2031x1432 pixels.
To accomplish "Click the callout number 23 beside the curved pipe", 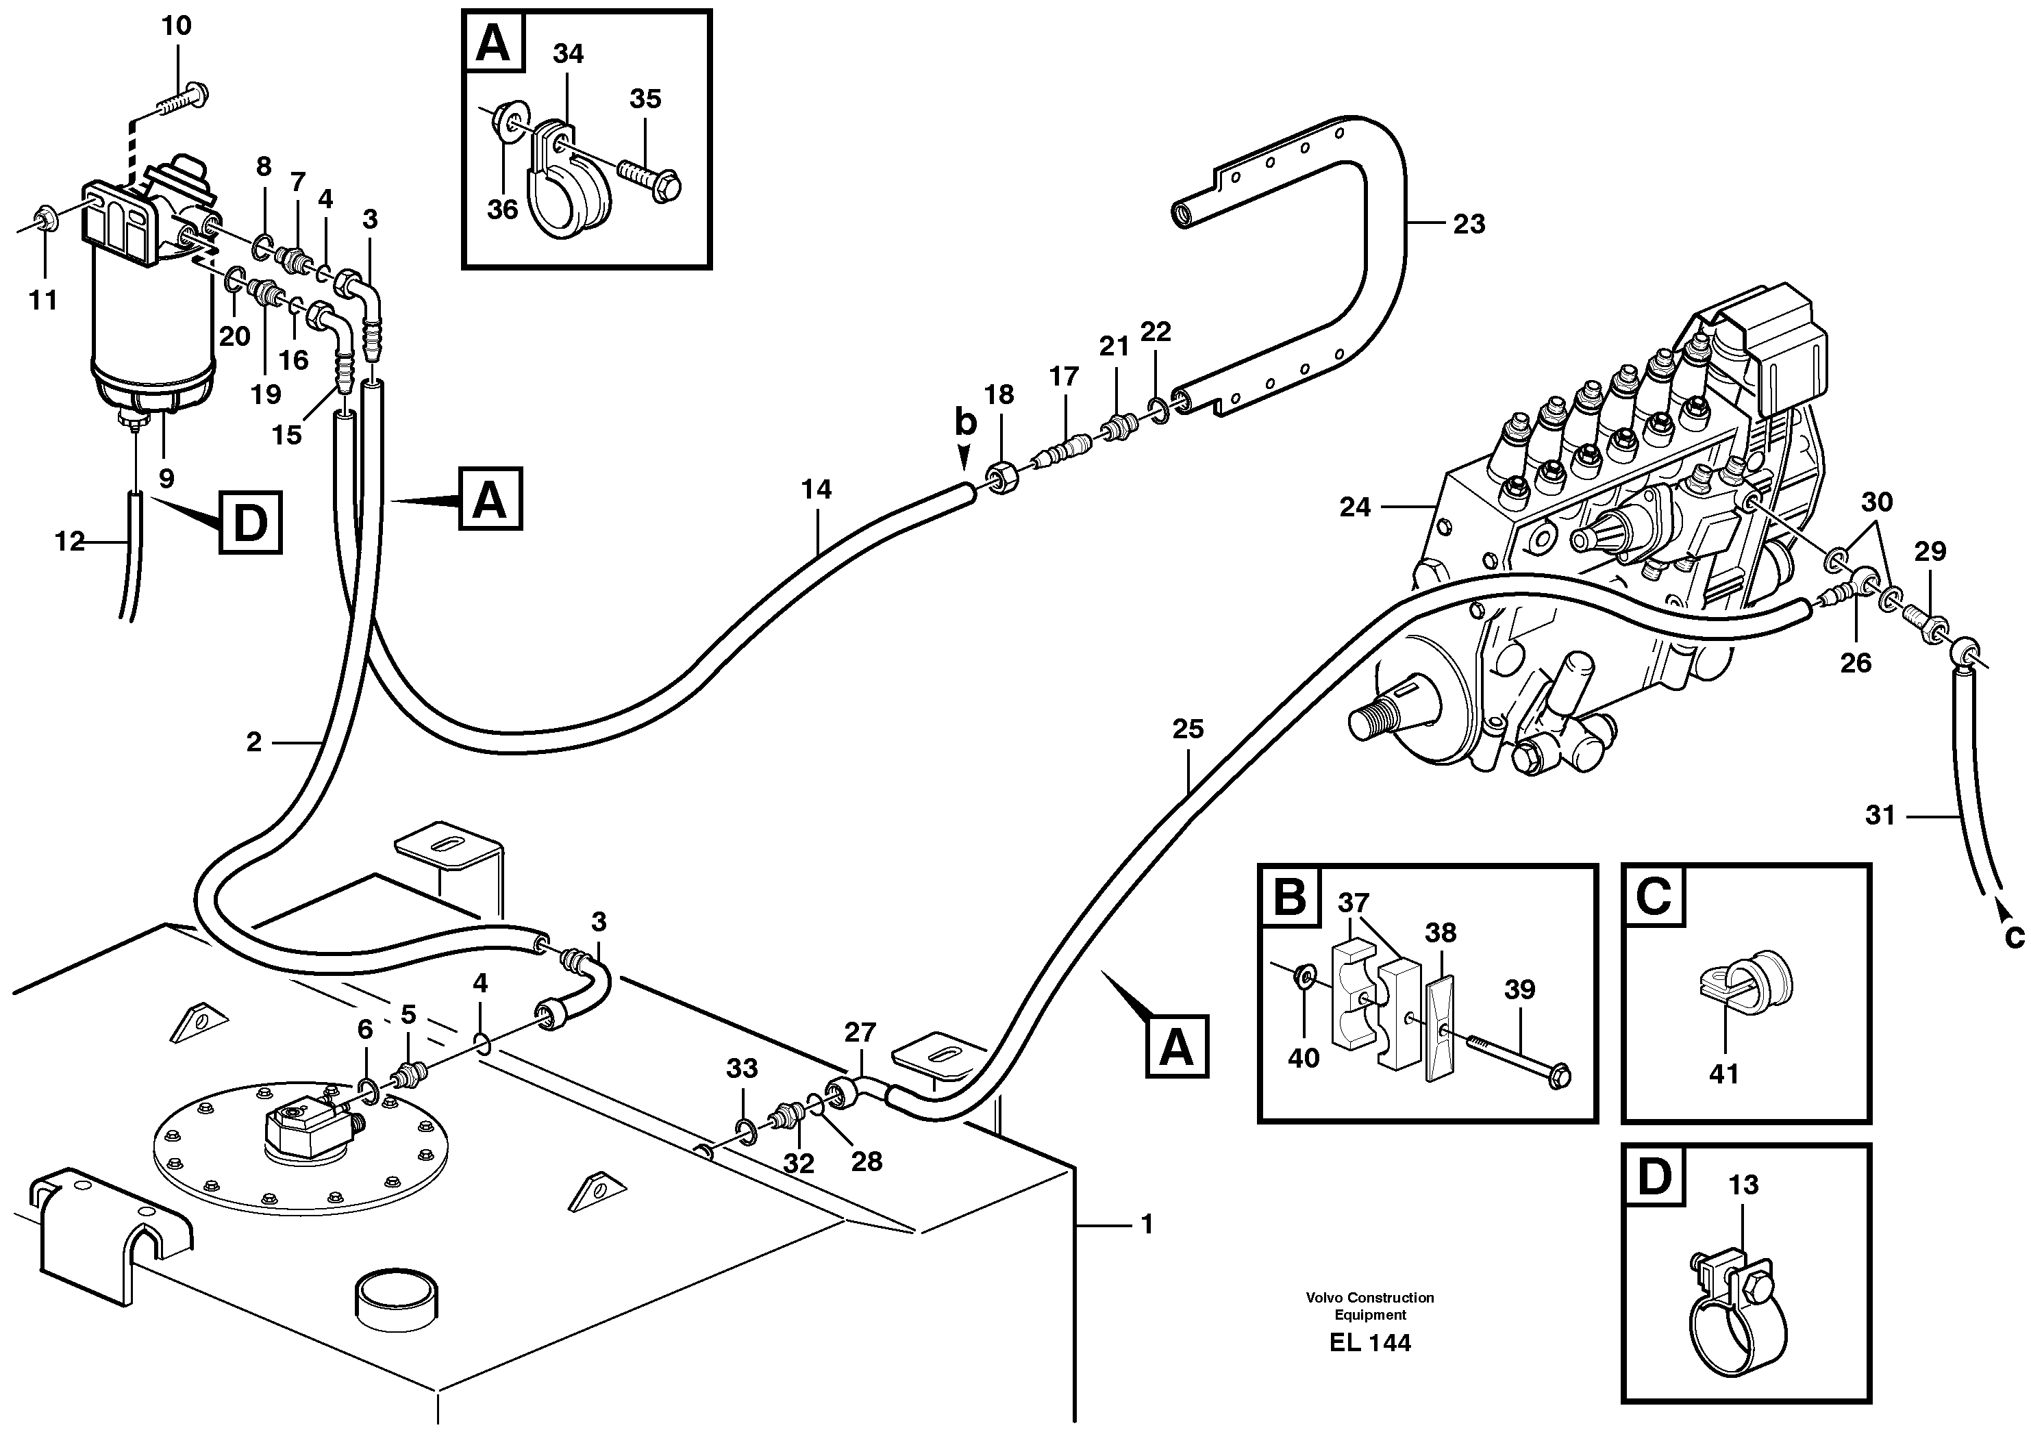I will click(x=1469, y=225).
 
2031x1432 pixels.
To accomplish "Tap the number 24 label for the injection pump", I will click(x=1354, y=507).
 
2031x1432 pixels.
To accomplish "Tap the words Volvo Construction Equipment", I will click(x=1369, y=1305).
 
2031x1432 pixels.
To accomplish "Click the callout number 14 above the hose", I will click(x=816, y=489).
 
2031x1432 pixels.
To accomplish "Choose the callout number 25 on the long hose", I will click(x=1187, y=730).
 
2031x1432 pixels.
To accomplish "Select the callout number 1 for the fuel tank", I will click(x=1147, y=1225).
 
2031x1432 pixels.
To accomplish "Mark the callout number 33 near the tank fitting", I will click(x=741, y=1068).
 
